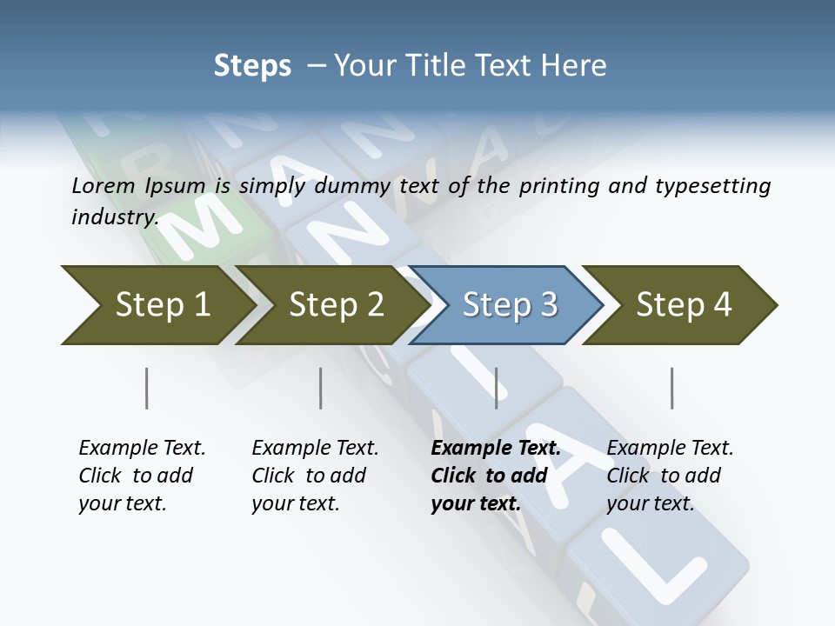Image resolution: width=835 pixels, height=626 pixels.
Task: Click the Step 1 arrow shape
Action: pyautogui.click(x=157, y=305)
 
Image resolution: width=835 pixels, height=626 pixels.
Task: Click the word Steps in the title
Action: pyautogui.click(x=252, y=65)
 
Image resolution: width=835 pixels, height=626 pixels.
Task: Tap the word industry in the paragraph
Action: pyautogui.click(x=113, y=217)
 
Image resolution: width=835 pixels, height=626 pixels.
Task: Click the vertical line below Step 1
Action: pyautogui.click(x=147, y=388)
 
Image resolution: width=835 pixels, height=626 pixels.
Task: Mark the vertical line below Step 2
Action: pyautogui.click(x=321, y=388)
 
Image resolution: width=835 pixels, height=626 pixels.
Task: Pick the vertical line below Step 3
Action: pyautogui.click(x=497, y=388)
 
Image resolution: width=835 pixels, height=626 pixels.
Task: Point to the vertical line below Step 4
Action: pyautogui.click(x=672, y=388)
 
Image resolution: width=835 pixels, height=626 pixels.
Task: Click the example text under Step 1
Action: pyautogui.click(x=142, y=476)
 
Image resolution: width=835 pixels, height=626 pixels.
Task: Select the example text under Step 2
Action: pyautogui.click(x=315, y=476)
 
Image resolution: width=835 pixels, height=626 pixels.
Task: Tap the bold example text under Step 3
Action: pyautogui.click(x=496, y=476)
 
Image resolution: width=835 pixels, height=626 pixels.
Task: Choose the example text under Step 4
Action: pyautogui.click(x=670, y=476)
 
